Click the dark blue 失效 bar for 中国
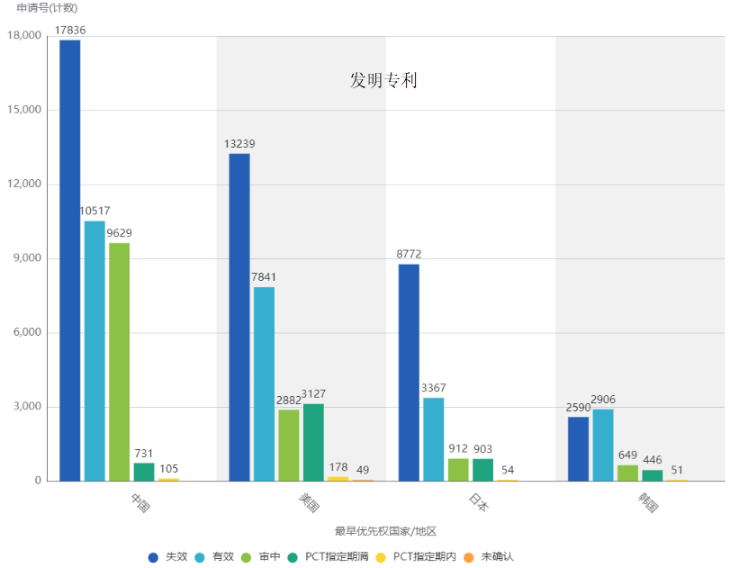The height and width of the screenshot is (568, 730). [x=69, y=260]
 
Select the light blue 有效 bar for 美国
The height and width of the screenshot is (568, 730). [x=264, y=383]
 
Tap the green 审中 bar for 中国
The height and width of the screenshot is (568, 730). [x=119, y=361]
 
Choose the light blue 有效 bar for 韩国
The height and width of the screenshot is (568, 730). [x=602, y=445]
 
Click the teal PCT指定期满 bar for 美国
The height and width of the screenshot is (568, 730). [x=313, y=442]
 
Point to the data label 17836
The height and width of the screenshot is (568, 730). [x=70, y=30]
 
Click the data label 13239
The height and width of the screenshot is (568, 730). [x=239, y=144]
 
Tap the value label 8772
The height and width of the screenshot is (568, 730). [x=409, y=255]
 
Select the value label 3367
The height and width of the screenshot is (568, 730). [x=434, y=389]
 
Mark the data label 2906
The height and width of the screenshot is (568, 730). [x=603, y=400]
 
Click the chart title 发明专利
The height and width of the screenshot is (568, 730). [x=383, y=81]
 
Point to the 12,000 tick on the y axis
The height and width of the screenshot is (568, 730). [x=24, y=184]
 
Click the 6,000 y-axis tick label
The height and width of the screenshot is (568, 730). [x=27, y=332]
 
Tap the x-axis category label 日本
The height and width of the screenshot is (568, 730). [x=479, y=502]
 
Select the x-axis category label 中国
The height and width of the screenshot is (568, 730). [x=140, y=502]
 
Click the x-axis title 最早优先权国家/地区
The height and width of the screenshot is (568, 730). [x=385, y=531]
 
